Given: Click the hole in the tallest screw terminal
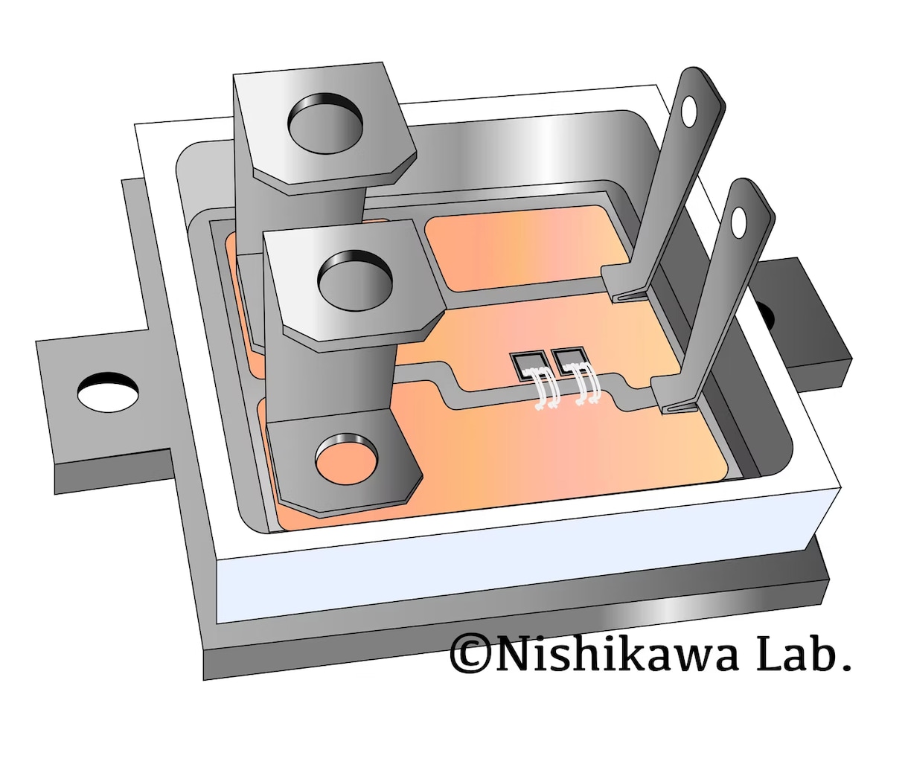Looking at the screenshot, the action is tap(324, 123).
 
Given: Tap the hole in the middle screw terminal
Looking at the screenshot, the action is tap(355, 280).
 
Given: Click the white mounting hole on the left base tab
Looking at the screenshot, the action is tap(108, 392).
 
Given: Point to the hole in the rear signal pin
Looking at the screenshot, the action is tap(689, 112).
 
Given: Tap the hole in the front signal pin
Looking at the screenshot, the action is tap(738, 222).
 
